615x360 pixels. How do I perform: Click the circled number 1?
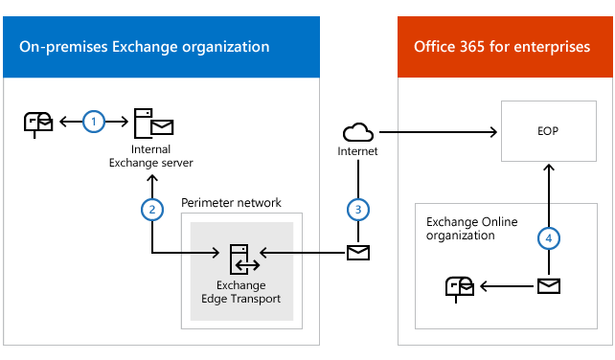[x=93, y=122]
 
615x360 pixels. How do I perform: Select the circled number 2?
[x=150, y=207]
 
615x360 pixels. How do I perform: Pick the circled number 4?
[x=547, y=237]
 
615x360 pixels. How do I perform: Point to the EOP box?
[x=547, y=131]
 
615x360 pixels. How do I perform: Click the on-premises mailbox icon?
[x=38, y=123]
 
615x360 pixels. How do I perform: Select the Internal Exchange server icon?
[x=151, y=123]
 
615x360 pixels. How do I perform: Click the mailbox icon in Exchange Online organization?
[x=458, y=285]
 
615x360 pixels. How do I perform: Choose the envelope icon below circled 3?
[x=357, y=253]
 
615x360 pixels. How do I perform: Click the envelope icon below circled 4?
[x=548, y=285]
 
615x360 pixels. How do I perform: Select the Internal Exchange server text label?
[x=150, y=156]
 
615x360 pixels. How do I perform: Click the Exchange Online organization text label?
[x=472, y=228]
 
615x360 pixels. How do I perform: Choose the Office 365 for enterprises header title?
[x=502, y=47]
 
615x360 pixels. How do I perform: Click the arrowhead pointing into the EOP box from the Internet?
[x=495, y=131]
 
